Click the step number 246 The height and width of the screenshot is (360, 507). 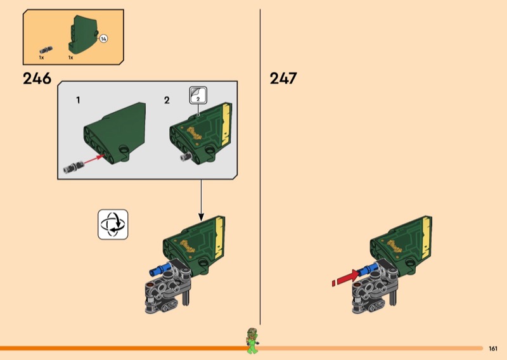[37, 79]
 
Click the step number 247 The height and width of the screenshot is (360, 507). [283, 79]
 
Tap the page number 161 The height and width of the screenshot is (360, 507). [493, 349]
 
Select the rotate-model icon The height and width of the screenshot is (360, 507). [113, 224]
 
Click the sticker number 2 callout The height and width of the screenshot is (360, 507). [198, 96]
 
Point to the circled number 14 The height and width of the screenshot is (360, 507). [103, 39]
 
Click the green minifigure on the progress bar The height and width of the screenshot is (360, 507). [252, 340]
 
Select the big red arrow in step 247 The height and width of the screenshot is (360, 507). [345, 278]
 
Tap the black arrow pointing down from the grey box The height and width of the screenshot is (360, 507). [201, 200]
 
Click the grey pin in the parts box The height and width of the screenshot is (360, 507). [46, 50]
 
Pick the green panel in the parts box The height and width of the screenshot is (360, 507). [82, 34]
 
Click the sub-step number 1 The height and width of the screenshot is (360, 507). [78, 100]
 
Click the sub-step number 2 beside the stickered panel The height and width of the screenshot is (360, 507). [167, 100]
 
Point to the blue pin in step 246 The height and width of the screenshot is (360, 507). [160, 269]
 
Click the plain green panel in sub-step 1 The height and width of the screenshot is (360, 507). [115, 132]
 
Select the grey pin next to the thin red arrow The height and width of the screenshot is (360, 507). [74, 167]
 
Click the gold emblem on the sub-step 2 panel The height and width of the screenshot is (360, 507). [195, 133]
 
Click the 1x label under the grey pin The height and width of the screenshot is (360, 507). [41, 58]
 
